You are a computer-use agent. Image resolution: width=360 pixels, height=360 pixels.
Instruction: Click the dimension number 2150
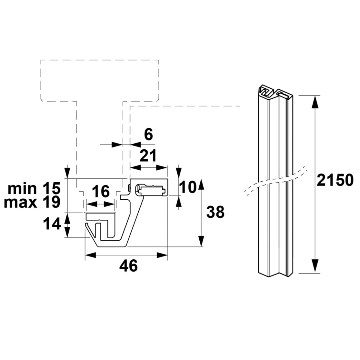point(335,180)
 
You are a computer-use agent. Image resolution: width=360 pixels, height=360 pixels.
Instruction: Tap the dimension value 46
point(129,266)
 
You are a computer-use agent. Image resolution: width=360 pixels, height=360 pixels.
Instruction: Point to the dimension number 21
point(148,155)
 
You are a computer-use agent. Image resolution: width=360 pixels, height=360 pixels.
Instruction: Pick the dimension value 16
point(101,192)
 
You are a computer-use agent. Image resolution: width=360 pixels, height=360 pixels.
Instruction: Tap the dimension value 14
point(52,224)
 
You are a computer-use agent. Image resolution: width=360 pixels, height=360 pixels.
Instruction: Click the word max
point(20,203)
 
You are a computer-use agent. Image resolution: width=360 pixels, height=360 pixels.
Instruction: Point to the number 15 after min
point(52,188)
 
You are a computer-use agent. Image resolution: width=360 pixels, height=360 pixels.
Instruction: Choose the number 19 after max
point(52,202)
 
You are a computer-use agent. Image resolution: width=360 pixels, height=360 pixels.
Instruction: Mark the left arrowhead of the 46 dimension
point(90,255)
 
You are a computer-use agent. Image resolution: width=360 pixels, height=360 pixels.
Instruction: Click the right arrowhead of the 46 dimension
point(162,255)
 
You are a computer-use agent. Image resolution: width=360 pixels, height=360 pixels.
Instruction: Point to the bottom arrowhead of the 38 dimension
point(201,241)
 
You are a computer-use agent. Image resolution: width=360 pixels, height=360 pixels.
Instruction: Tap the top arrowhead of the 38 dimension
point(201,184)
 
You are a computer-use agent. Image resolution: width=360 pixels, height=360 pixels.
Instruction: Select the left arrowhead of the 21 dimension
point(135,168)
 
